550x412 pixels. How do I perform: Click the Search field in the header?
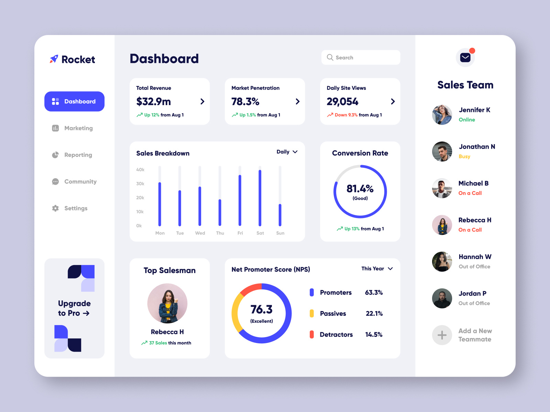point(361,57)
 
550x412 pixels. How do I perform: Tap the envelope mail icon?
point(465,57)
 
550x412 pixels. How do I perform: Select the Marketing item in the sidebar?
point(78,128)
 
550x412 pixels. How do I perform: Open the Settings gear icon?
point(55,208)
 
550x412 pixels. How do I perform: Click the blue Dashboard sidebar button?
point(74,101)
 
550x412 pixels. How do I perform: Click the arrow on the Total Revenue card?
point(202,101)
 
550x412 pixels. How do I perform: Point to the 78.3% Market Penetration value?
point(245,102)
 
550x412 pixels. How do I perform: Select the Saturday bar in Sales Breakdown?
point(260,198)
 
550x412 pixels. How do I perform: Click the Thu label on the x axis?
point(220,233)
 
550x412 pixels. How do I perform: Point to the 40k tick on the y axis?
point(140,170)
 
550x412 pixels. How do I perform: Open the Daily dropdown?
point(287,152)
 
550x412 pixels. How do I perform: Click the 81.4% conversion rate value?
point(360,188)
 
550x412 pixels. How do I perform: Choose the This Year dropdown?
point(377,268)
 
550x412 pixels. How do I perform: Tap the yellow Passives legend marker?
point(312,313)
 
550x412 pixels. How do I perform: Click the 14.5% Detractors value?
point(374,334)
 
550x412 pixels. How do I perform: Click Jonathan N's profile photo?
point(442,151)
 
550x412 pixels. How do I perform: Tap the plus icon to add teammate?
point(442,335)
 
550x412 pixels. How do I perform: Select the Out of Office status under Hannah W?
point(474,266)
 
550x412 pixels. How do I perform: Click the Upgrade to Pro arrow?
point(86,313)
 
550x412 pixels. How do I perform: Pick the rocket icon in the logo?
point(54,59)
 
